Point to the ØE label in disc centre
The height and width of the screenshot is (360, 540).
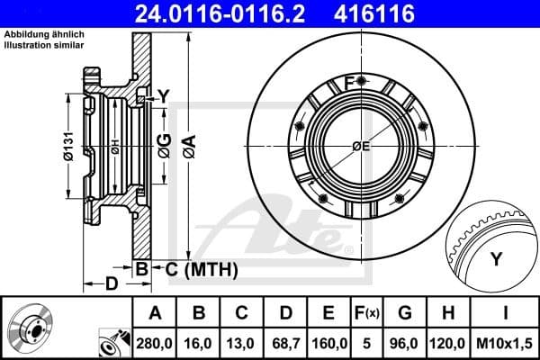point(361,146)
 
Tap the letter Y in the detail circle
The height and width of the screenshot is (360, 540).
point(496,260)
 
